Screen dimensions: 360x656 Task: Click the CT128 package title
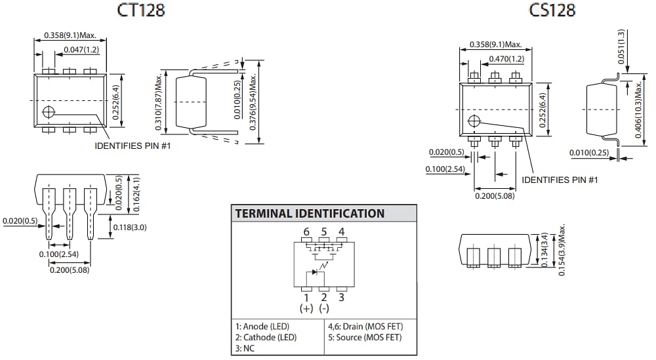coord(141,10)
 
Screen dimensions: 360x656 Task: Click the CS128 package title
coord(552,10)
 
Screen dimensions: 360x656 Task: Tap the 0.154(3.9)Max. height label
coord(562,250)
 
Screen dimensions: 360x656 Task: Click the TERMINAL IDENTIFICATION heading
coord(310,214)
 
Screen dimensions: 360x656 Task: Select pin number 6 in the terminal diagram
coord(306,232)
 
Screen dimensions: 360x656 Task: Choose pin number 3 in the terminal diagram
coord(341,297)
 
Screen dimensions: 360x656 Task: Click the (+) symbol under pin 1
coord(306,308)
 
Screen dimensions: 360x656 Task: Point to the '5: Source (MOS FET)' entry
coord(364,338)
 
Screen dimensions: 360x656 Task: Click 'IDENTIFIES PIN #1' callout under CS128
coord(560,180)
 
